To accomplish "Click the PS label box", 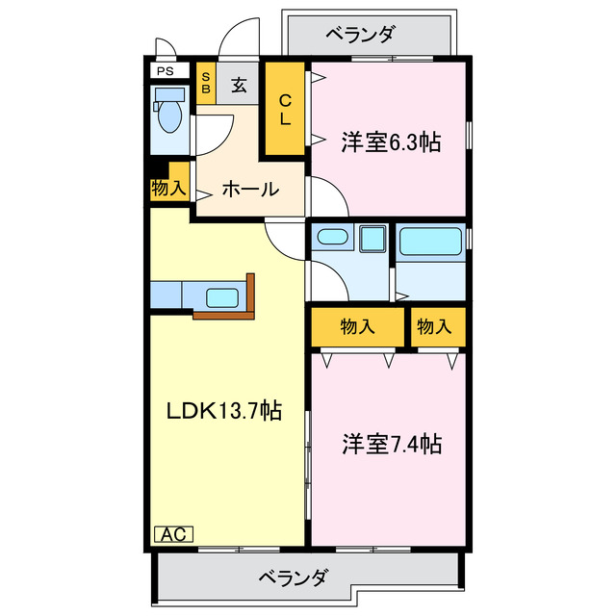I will (x=167, y=71).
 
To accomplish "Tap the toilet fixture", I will (x=170, y=115).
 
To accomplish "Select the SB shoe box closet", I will (x=205, y=83).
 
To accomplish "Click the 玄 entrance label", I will (x=239, y=84).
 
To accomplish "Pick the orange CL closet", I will (x=286, y=110).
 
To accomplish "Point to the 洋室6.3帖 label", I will (x=390, y=142).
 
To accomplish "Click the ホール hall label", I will (x=250, y=189).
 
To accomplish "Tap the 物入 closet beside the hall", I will (x=168, y=188).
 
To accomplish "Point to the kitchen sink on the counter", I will (x=223, y=297).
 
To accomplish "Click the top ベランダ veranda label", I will (x=359, y=36).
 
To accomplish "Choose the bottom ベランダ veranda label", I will (x=294, y=578).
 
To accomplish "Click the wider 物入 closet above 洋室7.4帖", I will (x=357, y=327).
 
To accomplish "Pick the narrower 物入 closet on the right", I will (x=434, y=327).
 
